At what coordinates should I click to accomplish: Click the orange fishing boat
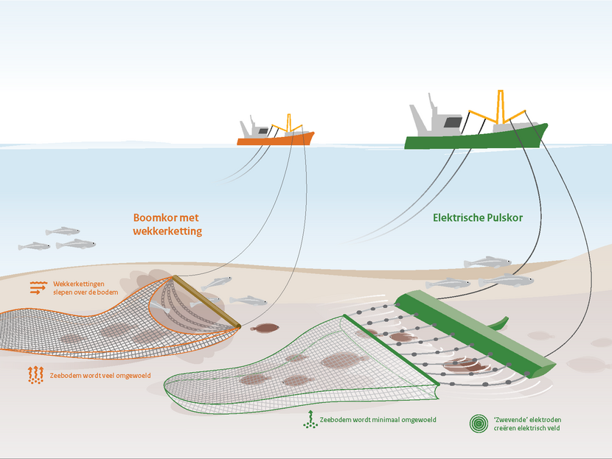(x=275, y=139)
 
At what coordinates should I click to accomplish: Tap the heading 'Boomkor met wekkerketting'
(x=167, y=225)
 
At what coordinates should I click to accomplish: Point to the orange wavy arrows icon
(x=38, y=288)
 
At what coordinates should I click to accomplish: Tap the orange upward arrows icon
(x=35, y=375)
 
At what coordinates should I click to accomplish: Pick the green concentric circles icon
(x=480, y=423)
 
